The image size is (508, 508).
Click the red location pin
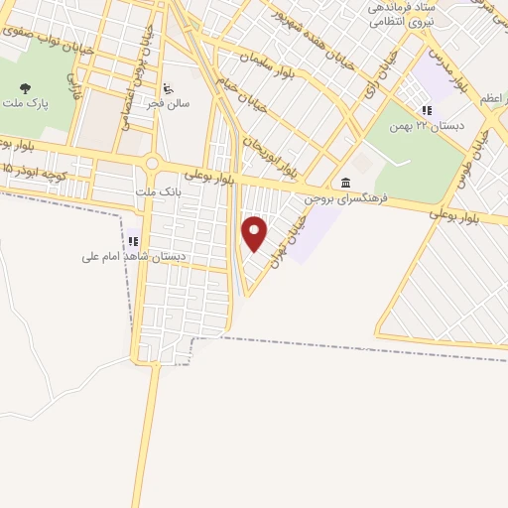(255, 233)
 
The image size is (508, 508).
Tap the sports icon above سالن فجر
(167, 86)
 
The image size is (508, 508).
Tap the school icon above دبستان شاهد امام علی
(133, 240)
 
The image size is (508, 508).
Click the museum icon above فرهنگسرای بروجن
(344, 181)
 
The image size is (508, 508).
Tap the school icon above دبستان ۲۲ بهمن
(427, 110)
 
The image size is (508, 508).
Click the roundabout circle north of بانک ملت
(153, 164)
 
